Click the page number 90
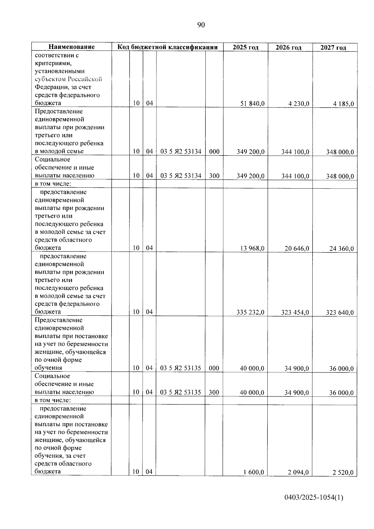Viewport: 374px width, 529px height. [x=201, y=25]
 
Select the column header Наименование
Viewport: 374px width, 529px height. [x=71, y=47]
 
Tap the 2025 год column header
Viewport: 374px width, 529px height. [x=246, y=47]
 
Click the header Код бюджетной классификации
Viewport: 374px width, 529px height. [x=167, y=47]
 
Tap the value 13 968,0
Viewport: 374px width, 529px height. [x=252, y=248]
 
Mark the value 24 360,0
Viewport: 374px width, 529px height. [x=342, y=249]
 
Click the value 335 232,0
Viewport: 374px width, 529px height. [x=251, y=312]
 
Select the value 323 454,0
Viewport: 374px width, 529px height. [x=295, y=312]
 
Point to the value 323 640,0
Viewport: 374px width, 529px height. [x=340, y=313]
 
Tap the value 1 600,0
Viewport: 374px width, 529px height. [x=254, y=472]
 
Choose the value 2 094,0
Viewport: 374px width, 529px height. [x=298, y=473]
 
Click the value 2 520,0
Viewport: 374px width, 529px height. [x=343, y=473]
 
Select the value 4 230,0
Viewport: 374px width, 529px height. [x=299, y=104]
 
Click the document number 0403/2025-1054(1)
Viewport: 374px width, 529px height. [x=314, y=498]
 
